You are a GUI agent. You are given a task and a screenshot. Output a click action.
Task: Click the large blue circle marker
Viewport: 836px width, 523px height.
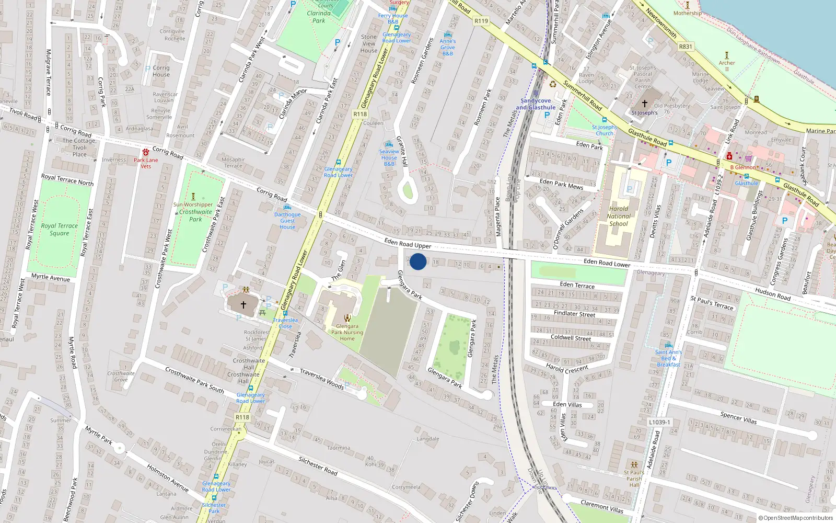tap(418, 261)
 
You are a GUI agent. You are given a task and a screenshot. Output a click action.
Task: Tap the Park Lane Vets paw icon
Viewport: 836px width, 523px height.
tap(145, 152)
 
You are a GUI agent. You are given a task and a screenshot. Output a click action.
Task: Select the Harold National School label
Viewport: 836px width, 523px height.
tap(619, 216)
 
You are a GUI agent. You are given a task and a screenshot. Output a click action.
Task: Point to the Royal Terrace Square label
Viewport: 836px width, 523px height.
tap(60, 230)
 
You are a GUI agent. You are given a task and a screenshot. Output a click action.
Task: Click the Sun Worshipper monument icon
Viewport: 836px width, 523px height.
tap(193, 197)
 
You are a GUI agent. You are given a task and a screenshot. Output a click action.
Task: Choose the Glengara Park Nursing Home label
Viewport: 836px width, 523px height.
tap(347, 332)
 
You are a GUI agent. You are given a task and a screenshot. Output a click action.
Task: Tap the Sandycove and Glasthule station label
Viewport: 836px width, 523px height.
tap(536, 104)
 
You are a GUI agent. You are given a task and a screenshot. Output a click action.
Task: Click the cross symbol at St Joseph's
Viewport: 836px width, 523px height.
tap(644, 104)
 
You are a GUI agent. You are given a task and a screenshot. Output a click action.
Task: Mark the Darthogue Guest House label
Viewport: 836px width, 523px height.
tap(287, 221)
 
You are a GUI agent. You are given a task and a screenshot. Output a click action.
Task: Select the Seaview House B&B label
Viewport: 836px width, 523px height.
tap(389, 157)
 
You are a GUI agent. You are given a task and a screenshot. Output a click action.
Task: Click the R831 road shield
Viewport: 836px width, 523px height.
tap(686, 47)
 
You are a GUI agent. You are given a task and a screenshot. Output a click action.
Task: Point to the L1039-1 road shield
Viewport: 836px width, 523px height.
tap(659, 422)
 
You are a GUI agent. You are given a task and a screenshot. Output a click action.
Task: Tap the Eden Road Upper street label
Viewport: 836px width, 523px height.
tap(408, 243)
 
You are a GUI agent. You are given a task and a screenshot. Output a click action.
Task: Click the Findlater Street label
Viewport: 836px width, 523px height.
tap(574, 314)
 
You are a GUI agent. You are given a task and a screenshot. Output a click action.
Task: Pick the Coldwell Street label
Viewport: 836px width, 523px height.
tap(571, 338)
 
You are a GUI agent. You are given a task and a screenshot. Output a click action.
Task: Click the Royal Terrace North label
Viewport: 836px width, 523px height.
tap(67, 180)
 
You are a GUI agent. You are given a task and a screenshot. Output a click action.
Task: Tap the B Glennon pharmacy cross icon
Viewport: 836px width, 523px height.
tap(729, 156)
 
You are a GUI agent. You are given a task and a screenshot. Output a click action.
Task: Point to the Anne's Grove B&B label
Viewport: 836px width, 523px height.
tap(448, 47)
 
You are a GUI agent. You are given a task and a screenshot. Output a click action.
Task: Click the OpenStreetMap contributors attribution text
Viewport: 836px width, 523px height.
tap(798, 518)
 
